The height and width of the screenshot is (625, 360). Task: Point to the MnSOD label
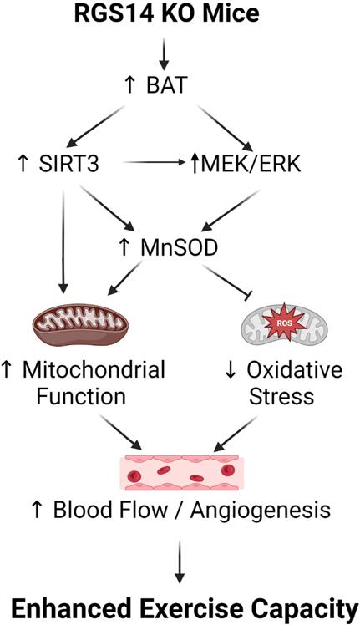coord(178,248)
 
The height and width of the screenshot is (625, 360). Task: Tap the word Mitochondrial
coord(94,368)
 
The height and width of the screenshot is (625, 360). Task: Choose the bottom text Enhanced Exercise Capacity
coord(179,604)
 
